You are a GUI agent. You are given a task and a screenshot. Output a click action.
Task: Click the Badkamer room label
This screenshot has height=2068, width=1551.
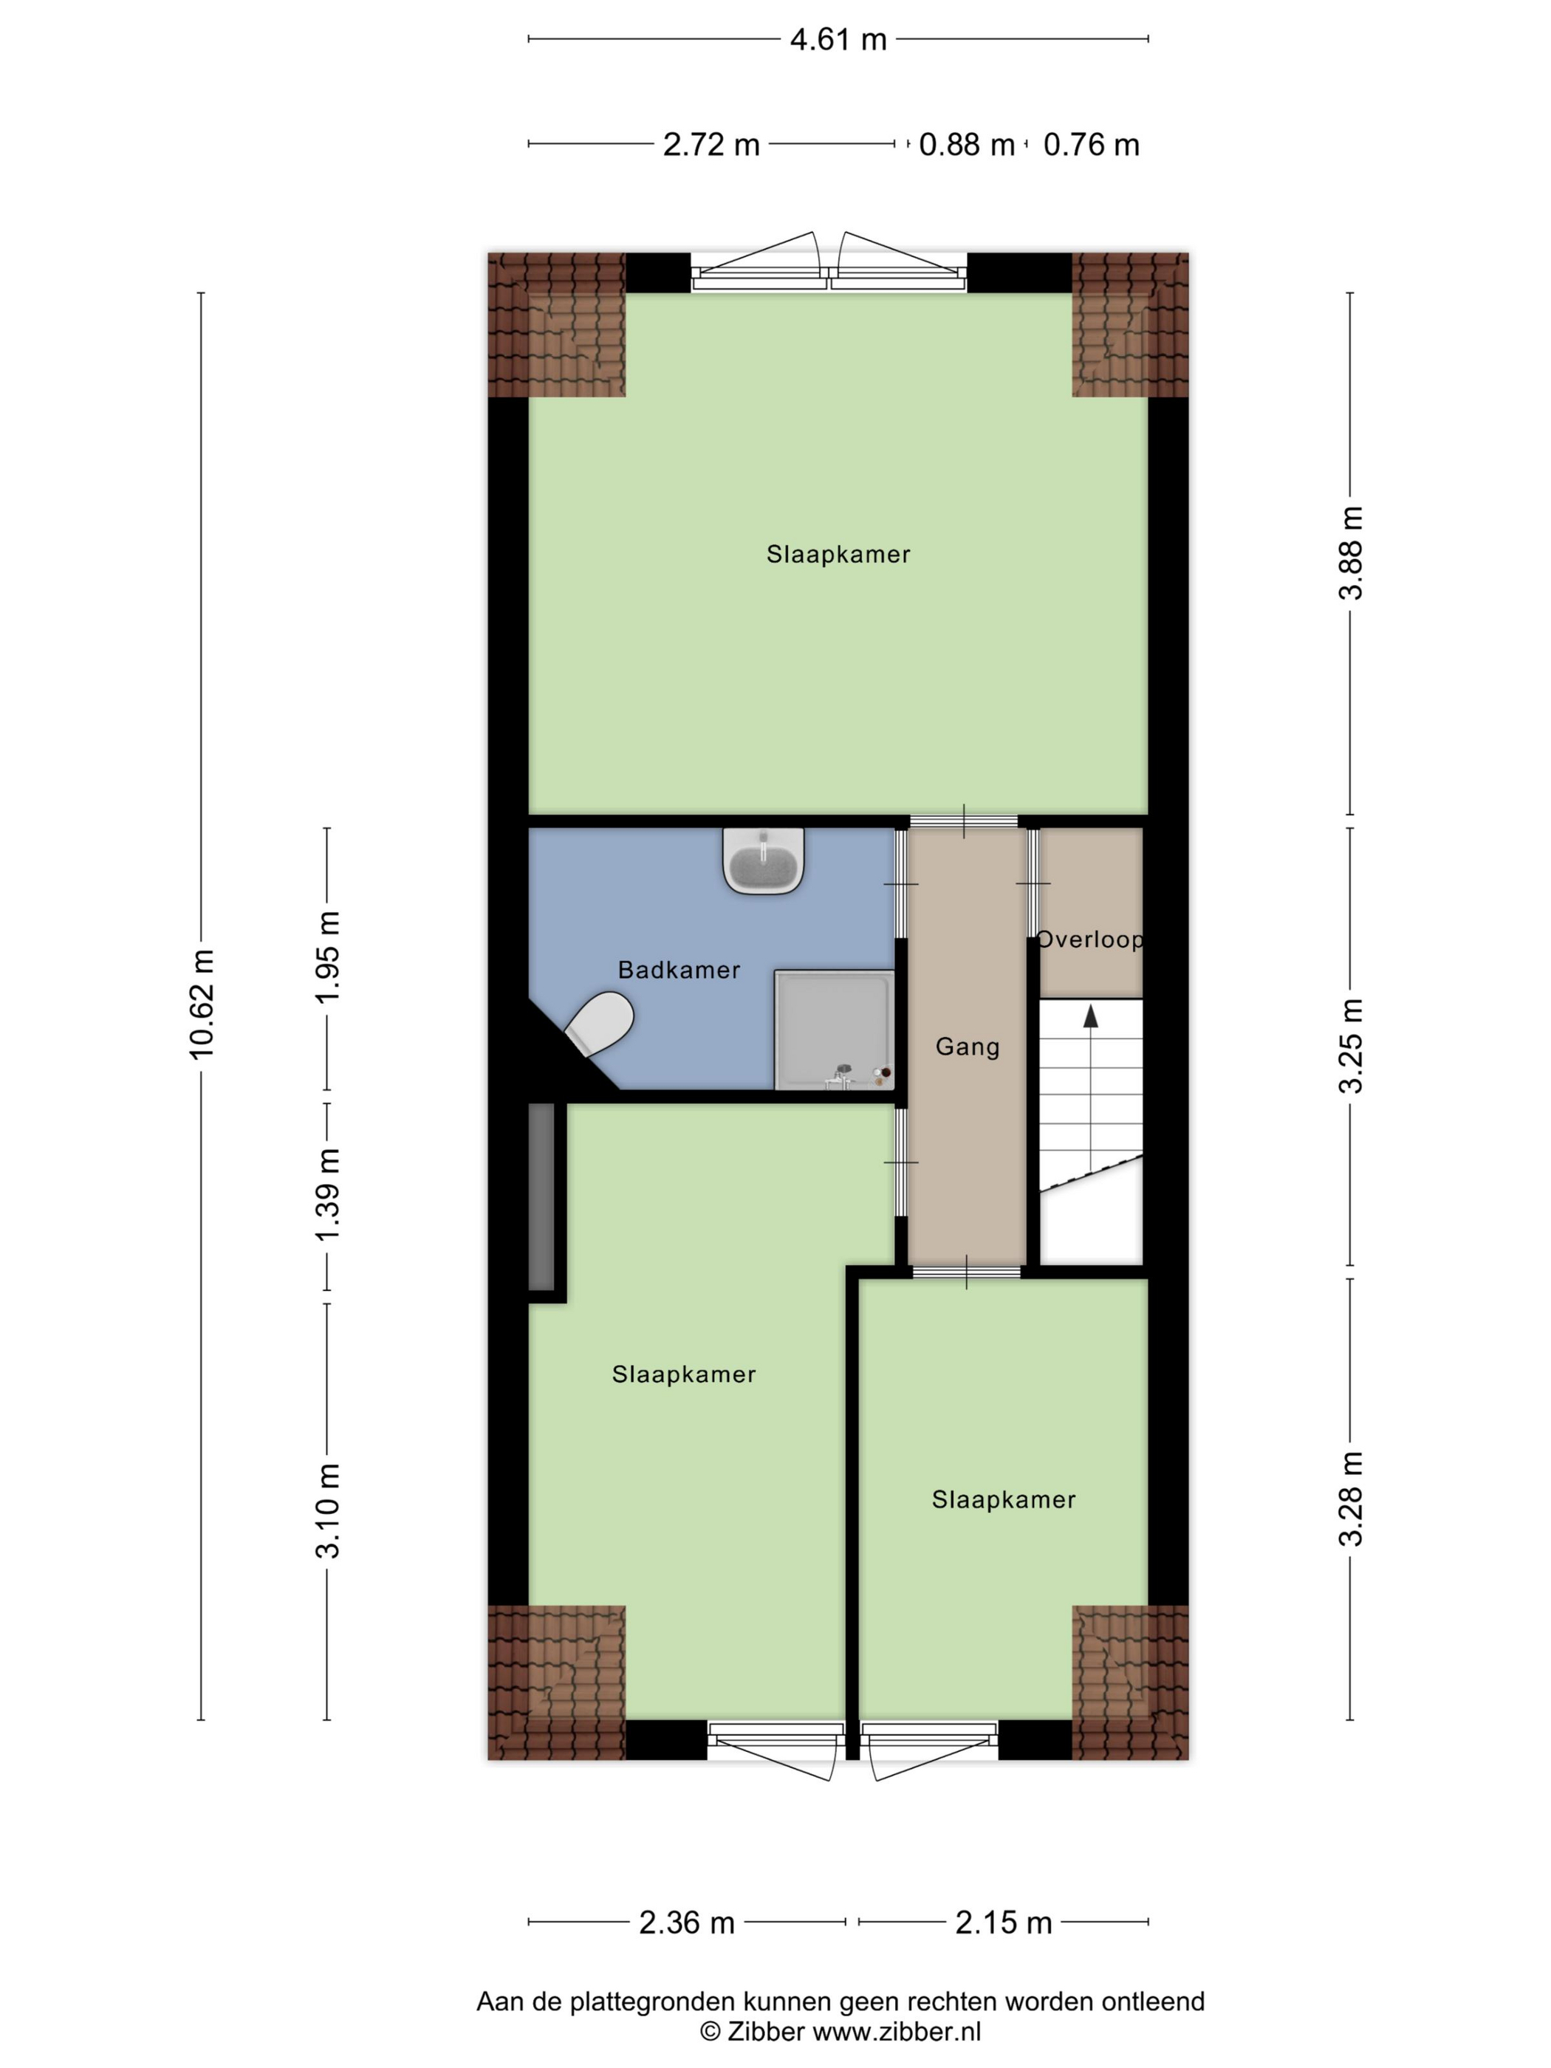tap(679, 970)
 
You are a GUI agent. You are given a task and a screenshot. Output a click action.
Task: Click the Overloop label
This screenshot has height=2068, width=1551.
tap(1090, 939)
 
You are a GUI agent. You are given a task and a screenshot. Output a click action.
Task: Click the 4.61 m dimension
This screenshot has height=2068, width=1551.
tap(838, 40)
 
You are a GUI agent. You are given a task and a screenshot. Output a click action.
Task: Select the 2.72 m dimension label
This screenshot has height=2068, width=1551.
tap(711, 145)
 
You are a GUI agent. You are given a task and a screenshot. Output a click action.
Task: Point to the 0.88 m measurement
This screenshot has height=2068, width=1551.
tap(966, 145)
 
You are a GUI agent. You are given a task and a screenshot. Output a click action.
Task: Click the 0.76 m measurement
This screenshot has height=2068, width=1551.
tap(1091, 145)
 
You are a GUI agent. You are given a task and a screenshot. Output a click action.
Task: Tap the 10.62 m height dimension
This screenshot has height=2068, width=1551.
tap(202, 1004)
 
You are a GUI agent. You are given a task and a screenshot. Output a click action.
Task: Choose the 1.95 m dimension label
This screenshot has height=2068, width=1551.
tap(327, 956)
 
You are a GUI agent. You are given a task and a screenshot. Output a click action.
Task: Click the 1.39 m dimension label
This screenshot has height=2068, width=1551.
tap(327, 1196)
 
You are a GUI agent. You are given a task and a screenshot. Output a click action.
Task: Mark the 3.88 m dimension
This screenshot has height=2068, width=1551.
tap(1351, 552)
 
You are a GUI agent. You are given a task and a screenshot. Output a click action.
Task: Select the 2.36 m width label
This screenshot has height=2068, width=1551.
tap(686, 1923)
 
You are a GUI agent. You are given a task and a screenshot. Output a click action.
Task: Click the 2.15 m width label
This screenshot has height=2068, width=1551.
tap(1003, 1923)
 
